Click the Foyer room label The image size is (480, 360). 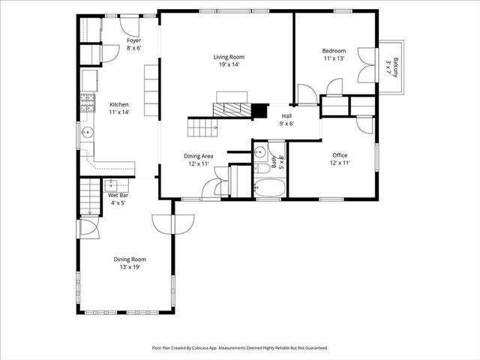pos(133,40)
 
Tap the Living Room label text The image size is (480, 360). pos(229,57)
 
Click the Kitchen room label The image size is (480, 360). pos(119,104)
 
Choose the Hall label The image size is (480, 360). pos(286,116)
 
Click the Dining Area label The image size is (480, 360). pos(199,156)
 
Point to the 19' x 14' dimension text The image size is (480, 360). pos(229,65)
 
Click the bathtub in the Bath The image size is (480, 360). pos(269,187)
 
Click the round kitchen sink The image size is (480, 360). pos(88,134)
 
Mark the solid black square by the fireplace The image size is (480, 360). pos(259,111)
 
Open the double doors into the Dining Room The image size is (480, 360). pos(172,223)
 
